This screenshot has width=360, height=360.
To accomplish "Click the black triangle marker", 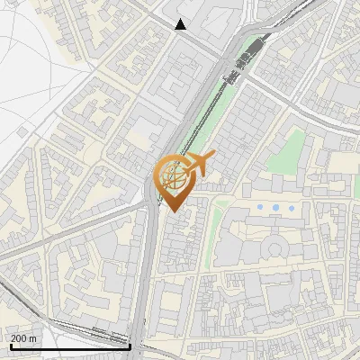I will click(181, 24).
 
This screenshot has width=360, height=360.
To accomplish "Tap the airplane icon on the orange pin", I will click(199, 164).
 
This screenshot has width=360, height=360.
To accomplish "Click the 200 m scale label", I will click(23, 338).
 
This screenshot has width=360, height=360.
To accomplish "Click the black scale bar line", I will click(70, 346).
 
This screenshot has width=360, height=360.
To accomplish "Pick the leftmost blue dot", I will click(261, 208).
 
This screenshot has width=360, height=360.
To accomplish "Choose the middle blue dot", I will click(276, 208).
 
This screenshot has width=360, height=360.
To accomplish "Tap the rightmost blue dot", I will click(292, 208).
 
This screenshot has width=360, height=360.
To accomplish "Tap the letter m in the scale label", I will click(33, 338).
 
